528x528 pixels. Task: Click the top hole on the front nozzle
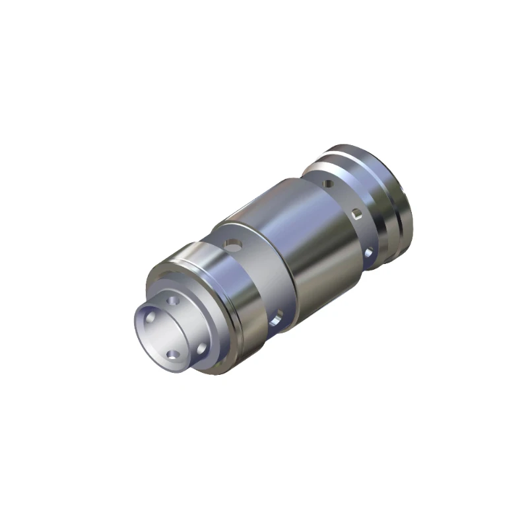(174, 301)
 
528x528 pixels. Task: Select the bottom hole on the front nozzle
(173, 355)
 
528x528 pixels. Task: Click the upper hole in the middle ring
(232, 246)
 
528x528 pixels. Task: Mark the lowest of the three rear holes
(369, 252)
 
